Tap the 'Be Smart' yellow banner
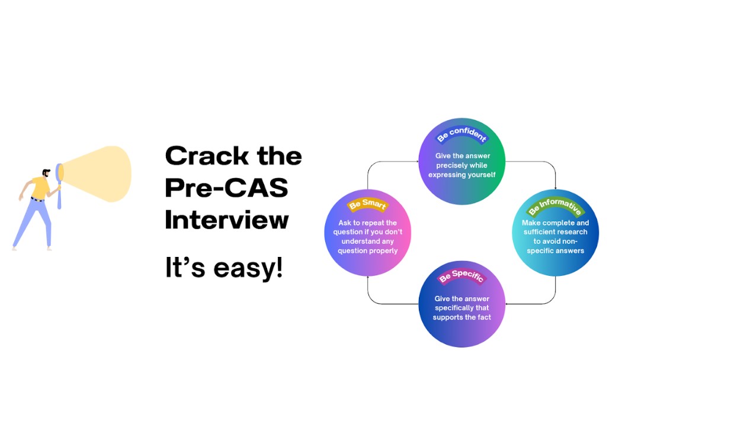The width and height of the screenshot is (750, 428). (x=368, y=204)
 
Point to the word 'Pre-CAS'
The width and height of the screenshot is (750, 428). (x=227, y=188)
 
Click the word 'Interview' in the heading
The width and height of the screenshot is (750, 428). (x=227, y=220)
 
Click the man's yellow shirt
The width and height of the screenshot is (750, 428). (x=40, y=188)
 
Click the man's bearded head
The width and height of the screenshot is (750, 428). (x=46, y=173)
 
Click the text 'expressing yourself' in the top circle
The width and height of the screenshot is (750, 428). (x=461, y=175)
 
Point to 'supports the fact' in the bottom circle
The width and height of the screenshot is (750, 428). (x=461, y=317)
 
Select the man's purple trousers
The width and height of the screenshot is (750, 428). (x=34, y=223)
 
